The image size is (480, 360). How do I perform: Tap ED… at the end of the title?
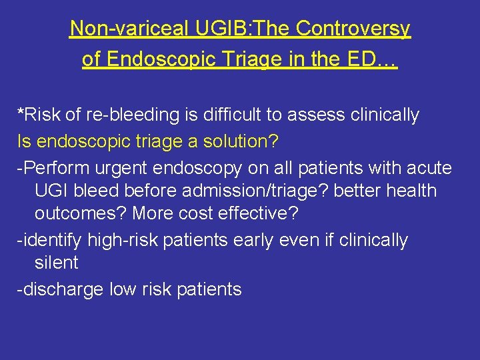click(377, 59)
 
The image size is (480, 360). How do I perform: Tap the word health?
click(411, 191)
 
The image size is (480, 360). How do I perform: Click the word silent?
click(57, 263)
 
